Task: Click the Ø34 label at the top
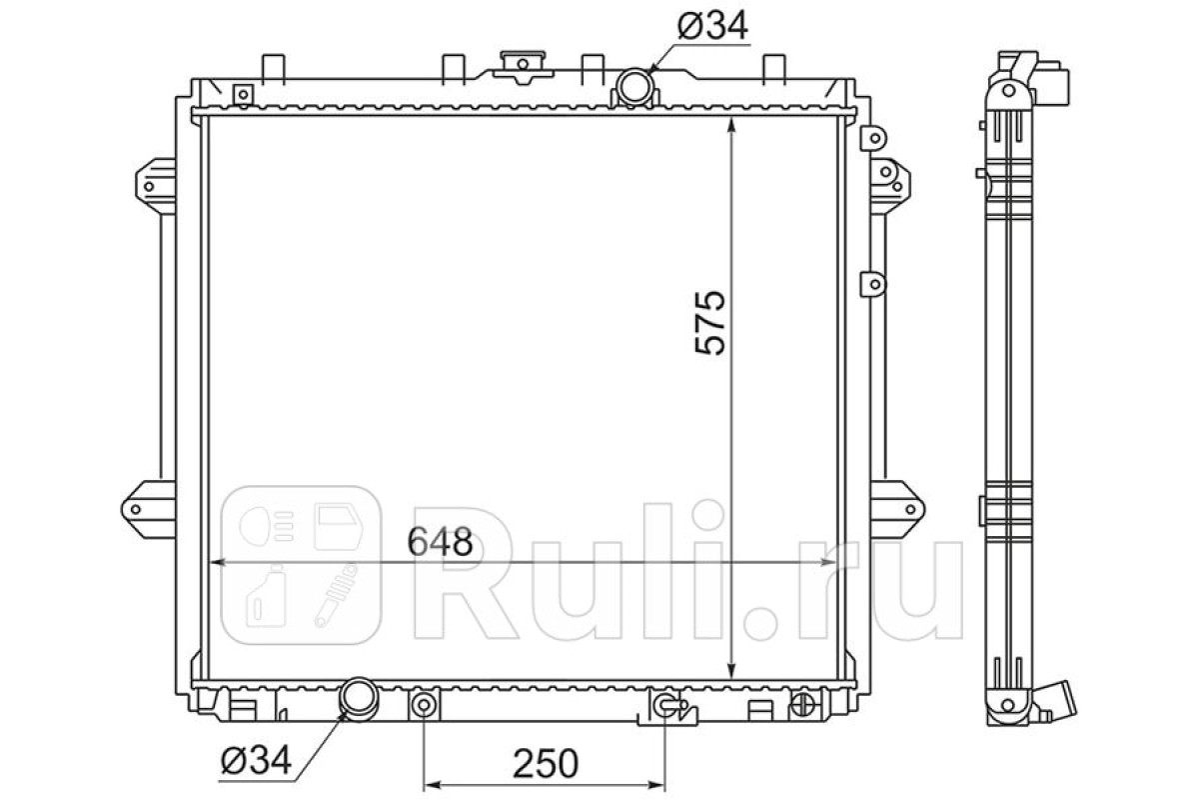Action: (x=712, y=27)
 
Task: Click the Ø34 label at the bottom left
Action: (x=257, y=760)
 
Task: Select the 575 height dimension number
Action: (x=710, y=323)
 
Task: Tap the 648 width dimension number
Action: (x=441, y=542)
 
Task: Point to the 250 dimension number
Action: (x=546, y=763)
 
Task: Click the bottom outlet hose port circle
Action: (x=359, y=697)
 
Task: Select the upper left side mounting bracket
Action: (x=156, y=186)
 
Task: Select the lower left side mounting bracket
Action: (x=148, y=509)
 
